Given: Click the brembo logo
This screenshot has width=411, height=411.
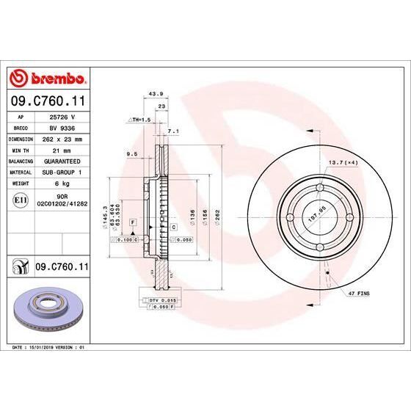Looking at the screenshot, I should tap(47, 79).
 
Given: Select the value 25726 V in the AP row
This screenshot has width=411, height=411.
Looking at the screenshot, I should tap(62, 117).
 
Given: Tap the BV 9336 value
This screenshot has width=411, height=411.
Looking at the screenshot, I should tap(62, 127).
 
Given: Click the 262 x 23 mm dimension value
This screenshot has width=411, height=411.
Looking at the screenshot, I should tap(62, 138).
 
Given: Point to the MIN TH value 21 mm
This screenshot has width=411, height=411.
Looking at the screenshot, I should tap(62, 149).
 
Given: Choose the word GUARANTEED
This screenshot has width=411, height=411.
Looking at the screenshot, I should tap(62, 159).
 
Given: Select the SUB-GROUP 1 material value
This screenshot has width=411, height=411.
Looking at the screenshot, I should tap(62, 170).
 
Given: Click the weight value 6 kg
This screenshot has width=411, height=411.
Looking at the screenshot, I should tap(62, 181).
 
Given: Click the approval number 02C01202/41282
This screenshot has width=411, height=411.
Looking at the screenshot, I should tap(62, 203).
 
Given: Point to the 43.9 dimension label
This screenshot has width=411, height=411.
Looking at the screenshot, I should tap(155, 95).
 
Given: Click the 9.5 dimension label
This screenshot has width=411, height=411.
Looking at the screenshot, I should tap(132, 153).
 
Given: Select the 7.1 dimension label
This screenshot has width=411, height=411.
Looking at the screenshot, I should tap(173, 131).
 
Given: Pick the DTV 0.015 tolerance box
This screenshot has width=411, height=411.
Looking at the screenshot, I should tap(159, 301).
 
